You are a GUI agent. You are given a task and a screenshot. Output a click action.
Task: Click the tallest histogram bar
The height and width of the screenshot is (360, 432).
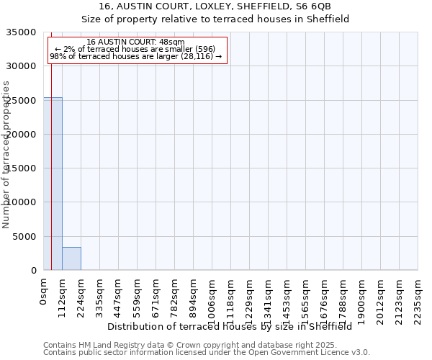pyautogui.click(x=53, y=184)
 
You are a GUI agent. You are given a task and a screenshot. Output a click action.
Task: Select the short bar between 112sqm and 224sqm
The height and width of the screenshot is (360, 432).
pyautogui.click(x=71, y=258)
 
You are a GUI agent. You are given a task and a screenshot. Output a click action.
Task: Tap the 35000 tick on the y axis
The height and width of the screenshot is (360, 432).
pyautogui.click(x=24, y=32)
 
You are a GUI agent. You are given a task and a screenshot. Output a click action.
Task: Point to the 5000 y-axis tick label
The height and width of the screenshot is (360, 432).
pyautogui.click(x=27, y=237)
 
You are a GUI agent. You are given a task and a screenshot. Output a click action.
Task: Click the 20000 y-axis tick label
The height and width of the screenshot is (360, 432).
pyautogui.click(x=24, y=135)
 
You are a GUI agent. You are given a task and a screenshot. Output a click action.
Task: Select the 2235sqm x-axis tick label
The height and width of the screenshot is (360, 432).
pyautogui.click(x=418, y=297)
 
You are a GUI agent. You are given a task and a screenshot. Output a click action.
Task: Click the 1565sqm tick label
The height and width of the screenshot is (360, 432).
pyautogui.click(x=306, y=297)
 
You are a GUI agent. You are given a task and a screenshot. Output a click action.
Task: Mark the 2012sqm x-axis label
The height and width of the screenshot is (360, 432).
pyautogui.click(x=381, y=297)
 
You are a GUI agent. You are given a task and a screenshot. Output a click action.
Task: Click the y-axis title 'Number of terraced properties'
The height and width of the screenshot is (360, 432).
pyautogui.click(x=6, y=155)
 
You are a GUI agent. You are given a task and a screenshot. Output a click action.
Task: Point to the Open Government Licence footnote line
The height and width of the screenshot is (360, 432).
pyautogui.click(x=207, y=353)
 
